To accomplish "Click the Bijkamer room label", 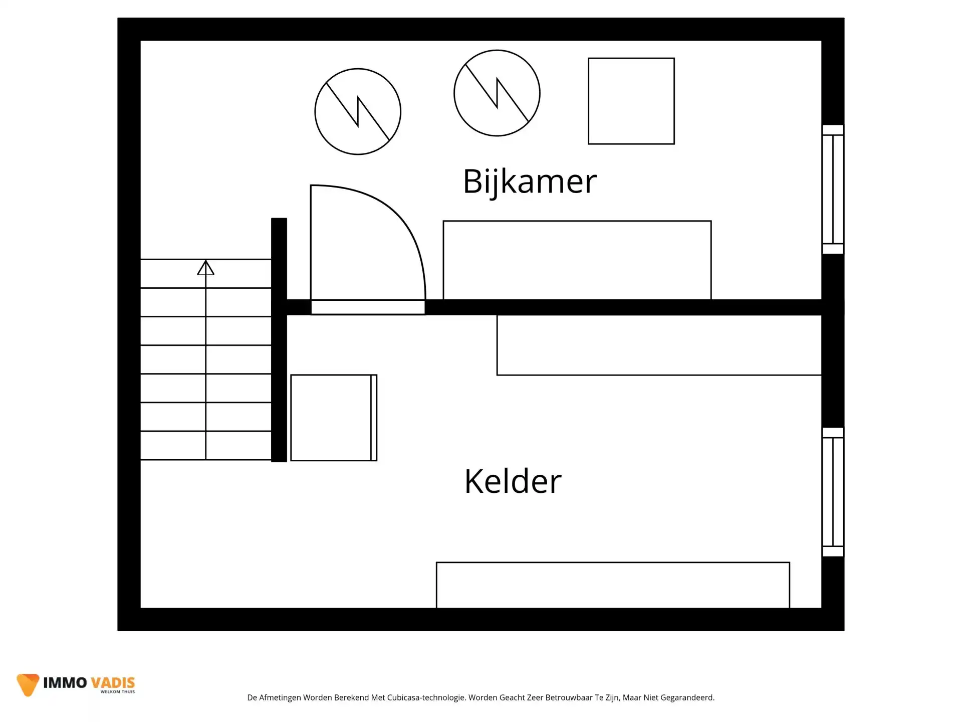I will (530, 182).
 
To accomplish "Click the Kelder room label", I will (513, 482).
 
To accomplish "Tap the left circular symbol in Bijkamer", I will (358, 111).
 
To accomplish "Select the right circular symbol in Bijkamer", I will (497, 93).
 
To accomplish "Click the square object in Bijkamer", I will (631, 101).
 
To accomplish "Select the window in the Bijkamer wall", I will (833, 189).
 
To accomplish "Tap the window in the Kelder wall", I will (833, 492).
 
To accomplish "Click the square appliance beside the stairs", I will (334, 418).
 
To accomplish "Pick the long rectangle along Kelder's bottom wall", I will (612, 585).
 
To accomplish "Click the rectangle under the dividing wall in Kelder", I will (658, 345).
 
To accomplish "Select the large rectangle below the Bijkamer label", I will (577, 260).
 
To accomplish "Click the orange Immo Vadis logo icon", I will (28, 684).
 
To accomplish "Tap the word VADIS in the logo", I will (113, 683).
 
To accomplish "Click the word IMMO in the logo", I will (65, 683).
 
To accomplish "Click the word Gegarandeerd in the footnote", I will (687, 697).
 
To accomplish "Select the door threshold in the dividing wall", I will (368, 307).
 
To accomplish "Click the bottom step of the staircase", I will (205, 445).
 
